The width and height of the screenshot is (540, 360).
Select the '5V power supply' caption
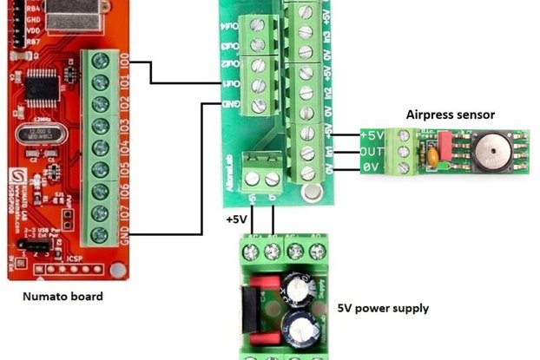click(x=383, y=308)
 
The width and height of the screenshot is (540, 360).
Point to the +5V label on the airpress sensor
click(x=372, y=136)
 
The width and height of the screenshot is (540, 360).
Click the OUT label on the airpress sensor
click(x=372, y=152)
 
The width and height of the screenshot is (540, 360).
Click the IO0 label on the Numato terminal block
click(x=125, y=62)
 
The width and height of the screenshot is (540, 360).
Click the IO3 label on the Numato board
click(x=125, y=127)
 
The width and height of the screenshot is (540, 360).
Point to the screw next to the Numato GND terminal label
click(x=102, y=233)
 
